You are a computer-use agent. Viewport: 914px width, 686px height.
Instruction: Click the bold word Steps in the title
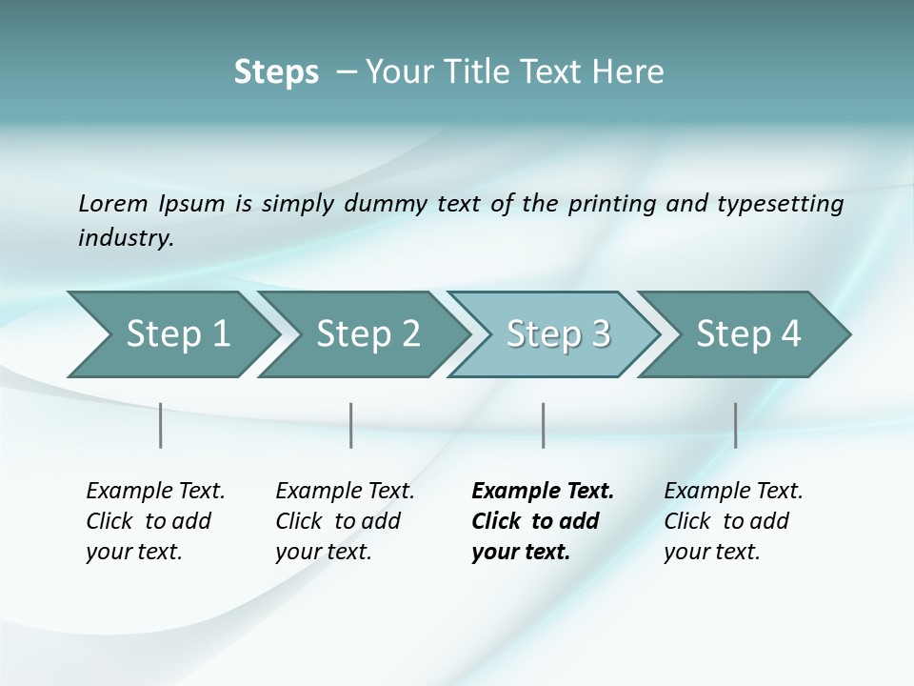pos(276,72)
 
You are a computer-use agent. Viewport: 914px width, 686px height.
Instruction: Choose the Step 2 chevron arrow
pos(368,334)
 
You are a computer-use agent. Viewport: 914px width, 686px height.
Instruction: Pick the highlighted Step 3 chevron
pos(558,334)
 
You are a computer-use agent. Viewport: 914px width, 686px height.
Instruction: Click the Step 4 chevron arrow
pos(748,334)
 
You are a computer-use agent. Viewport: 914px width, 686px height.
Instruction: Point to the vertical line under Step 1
pos(161,425)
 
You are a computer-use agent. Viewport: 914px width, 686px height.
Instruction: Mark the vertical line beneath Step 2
pos(351,425)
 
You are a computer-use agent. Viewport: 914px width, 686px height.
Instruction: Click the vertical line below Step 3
pos(543,425)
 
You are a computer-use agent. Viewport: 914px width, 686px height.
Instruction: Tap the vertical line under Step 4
pos(735,425)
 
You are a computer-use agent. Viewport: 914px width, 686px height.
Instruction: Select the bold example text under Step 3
pos(542,521)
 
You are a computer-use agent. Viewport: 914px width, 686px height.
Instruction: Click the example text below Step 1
pos(155,521)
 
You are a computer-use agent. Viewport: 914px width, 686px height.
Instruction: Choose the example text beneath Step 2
pos(345,521)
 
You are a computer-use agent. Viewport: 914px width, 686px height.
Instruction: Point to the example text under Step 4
pos(733,521)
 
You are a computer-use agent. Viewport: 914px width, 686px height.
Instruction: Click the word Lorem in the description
pos(113,204)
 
